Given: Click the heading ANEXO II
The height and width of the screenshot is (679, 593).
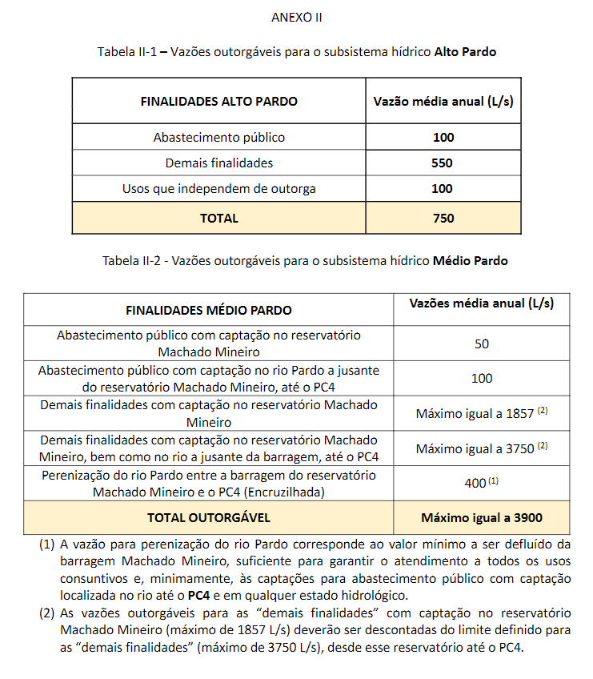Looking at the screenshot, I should (296, 17).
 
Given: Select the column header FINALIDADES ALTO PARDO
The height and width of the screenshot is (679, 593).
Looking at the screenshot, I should (218, 102).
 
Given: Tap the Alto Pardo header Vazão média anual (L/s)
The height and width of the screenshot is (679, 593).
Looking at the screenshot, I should (443, 102).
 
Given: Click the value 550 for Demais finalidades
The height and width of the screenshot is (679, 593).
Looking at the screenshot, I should (443, 163).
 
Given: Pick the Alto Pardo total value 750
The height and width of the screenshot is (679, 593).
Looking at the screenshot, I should (443, 218).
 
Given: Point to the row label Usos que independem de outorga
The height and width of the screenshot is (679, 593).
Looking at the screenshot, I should (218, 189).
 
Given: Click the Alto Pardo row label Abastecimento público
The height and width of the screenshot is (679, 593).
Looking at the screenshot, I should (218, 138).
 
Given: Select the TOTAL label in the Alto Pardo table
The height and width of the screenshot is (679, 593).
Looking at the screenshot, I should (218, 218).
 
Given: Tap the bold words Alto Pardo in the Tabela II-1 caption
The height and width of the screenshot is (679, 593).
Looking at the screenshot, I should (465, 52).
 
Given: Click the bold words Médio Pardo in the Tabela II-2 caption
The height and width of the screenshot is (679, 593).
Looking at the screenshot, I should (470, 261).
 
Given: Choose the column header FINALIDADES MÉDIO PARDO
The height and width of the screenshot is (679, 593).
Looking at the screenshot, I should (209, 310).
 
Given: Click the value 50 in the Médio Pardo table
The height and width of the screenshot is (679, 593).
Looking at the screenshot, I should (481, 344).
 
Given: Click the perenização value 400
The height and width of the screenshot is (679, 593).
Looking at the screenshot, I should (475, 483).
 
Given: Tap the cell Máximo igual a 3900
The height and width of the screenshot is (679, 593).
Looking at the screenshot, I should (481, 517).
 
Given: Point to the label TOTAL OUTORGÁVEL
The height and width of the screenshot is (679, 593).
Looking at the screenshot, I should (209, 517).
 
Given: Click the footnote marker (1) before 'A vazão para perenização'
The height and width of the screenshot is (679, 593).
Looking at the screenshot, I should (46, 544).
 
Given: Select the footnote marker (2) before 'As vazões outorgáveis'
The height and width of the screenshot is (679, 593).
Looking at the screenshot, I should (46, 613).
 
